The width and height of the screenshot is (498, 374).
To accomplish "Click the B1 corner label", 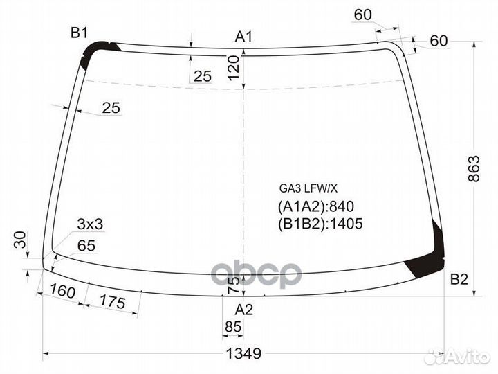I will point(78,32).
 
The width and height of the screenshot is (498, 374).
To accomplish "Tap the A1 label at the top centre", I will point(243,36).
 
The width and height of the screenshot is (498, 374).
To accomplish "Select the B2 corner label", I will point(459,279).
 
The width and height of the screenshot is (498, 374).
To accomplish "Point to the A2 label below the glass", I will point(243,308).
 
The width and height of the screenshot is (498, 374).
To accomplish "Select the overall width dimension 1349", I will point(243,354).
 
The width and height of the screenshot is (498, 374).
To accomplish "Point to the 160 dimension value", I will point(63,293).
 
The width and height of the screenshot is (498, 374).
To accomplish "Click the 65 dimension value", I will point(86,245).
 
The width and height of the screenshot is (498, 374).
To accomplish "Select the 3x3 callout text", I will point(90,224).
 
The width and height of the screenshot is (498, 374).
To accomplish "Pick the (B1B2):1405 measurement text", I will point(320,224).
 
